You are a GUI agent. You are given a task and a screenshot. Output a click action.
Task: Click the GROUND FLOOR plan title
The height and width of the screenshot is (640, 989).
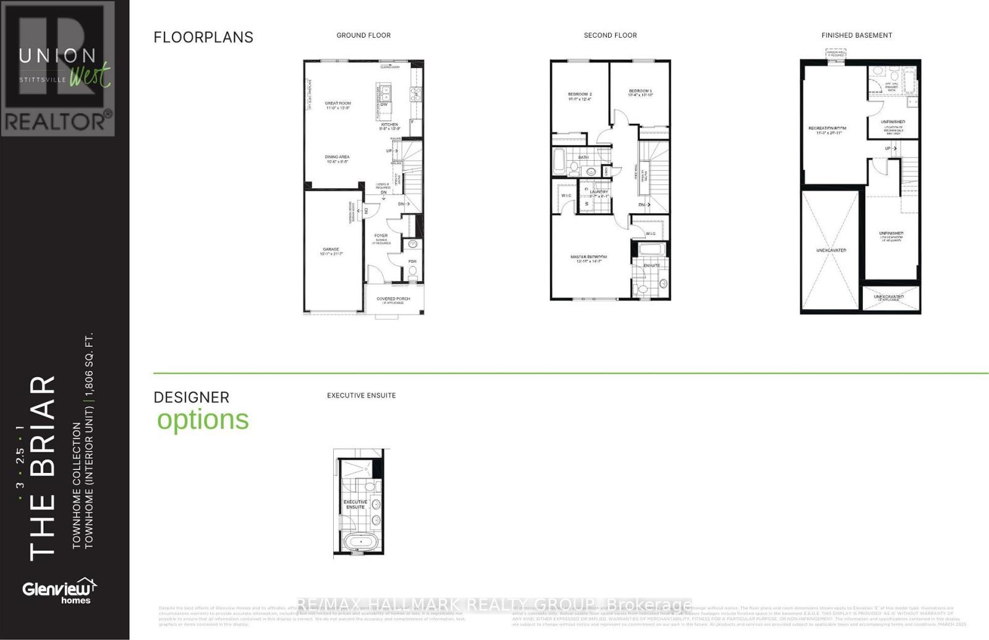click(363, 35)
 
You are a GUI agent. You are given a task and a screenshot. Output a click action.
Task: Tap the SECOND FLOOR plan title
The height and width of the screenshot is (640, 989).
click(610, 35)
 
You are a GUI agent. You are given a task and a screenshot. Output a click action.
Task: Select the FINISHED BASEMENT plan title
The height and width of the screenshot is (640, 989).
click(856, 35)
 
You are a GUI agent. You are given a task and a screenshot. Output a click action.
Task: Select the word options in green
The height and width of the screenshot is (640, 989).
click(203, 420)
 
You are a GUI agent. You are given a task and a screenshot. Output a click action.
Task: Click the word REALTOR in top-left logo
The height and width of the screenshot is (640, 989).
click(57, 121)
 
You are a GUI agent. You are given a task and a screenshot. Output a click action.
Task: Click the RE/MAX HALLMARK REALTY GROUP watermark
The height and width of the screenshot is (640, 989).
click(494, 604)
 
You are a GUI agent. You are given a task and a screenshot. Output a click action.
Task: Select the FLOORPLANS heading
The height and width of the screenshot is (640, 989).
click(203, 37)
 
